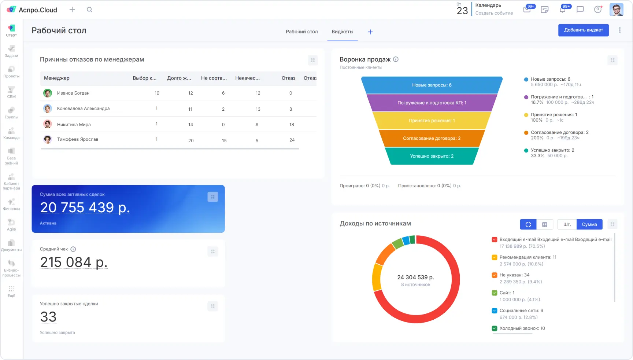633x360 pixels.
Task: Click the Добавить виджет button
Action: pyautogui.click(x=583, y=30)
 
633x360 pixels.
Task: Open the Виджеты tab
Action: pyautogui.click(x=342, y=32)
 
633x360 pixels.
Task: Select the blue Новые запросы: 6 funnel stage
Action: pyautogui.click(x=432, y=85)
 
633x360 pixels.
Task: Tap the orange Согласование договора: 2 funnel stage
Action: pyautogui.click(x=432, y=139)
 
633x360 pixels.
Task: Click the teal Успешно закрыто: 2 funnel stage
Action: pyautogui.click(x=432, y=156)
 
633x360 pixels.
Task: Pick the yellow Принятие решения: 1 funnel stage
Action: pyautogui.click(x=432, y=121)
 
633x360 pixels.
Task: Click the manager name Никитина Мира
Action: pyautogui.click(x=74, y=125)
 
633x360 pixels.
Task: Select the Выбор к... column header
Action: pyautogui.click(x=144, y=78)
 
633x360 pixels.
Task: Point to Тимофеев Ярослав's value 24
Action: pyautogui.click(x=292, y=140)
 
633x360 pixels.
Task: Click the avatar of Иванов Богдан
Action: pyautogui.click(x=48, y=93)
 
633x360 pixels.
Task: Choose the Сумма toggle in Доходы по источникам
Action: pyautogui.click(x=589, y=224)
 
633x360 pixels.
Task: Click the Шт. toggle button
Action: pyautogui.click(x=567, y=224)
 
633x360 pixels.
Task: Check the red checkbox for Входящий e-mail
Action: pyautogui.click(x=495, y=240)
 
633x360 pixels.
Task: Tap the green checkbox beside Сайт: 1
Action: pyautogui.click(x=495, y=293)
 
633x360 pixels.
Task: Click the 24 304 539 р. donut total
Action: pyautogui.click(x=415, y=278)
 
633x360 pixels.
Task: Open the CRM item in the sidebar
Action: pyautogui.click(x=11, y=92)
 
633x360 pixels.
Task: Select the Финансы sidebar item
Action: pyautogui.click(x=11, y=204)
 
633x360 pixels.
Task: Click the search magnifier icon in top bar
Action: pyautogui.click(x=89, y=10)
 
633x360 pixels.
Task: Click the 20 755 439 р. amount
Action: pyautogui.click(x=85, y=207)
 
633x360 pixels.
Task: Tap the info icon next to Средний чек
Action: pyautogui.click(x=73, y=249)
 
